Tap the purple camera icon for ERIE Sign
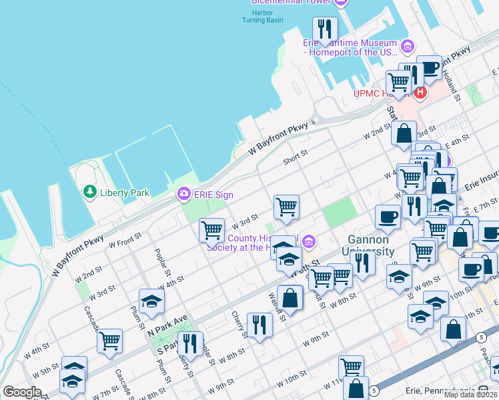pos(183,194)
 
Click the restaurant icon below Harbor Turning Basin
pos(325,29)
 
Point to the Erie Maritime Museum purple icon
pos(408,47)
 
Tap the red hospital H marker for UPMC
pos(420,93)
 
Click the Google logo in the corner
pos(22,392)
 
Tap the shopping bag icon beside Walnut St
pos(290,297)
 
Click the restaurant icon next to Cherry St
pos(260,325)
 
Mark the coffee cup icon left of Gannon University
pos(388,216)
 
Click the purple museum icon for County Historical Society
pos(308,241)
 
